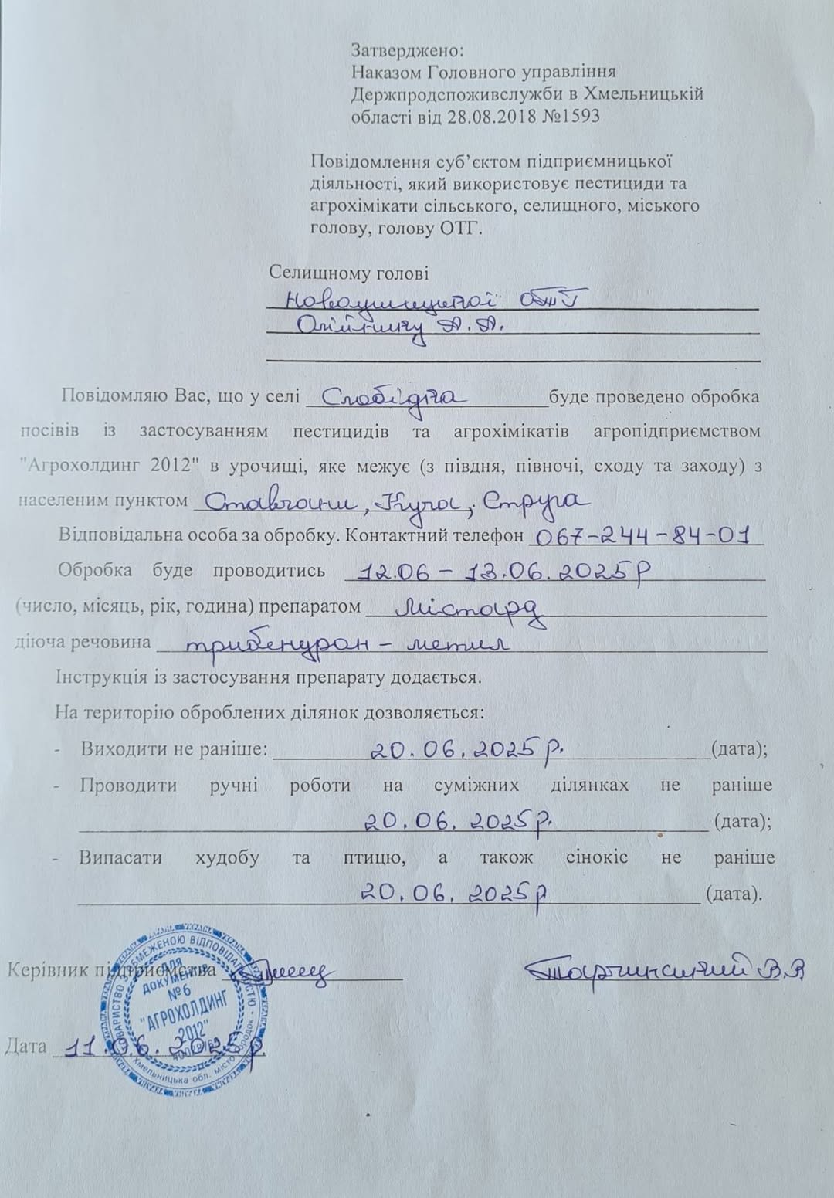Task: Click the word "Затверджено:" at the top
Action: [x=407, y=51]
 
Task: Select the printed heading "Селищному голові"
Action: [x=348, y=273]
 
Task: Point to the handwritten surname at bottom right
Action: [x=664, y=969]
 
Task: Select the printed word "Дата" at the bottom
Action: [x=25, y=1047]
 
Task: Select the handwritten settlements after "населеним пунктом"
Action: [x=390, y=502]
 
